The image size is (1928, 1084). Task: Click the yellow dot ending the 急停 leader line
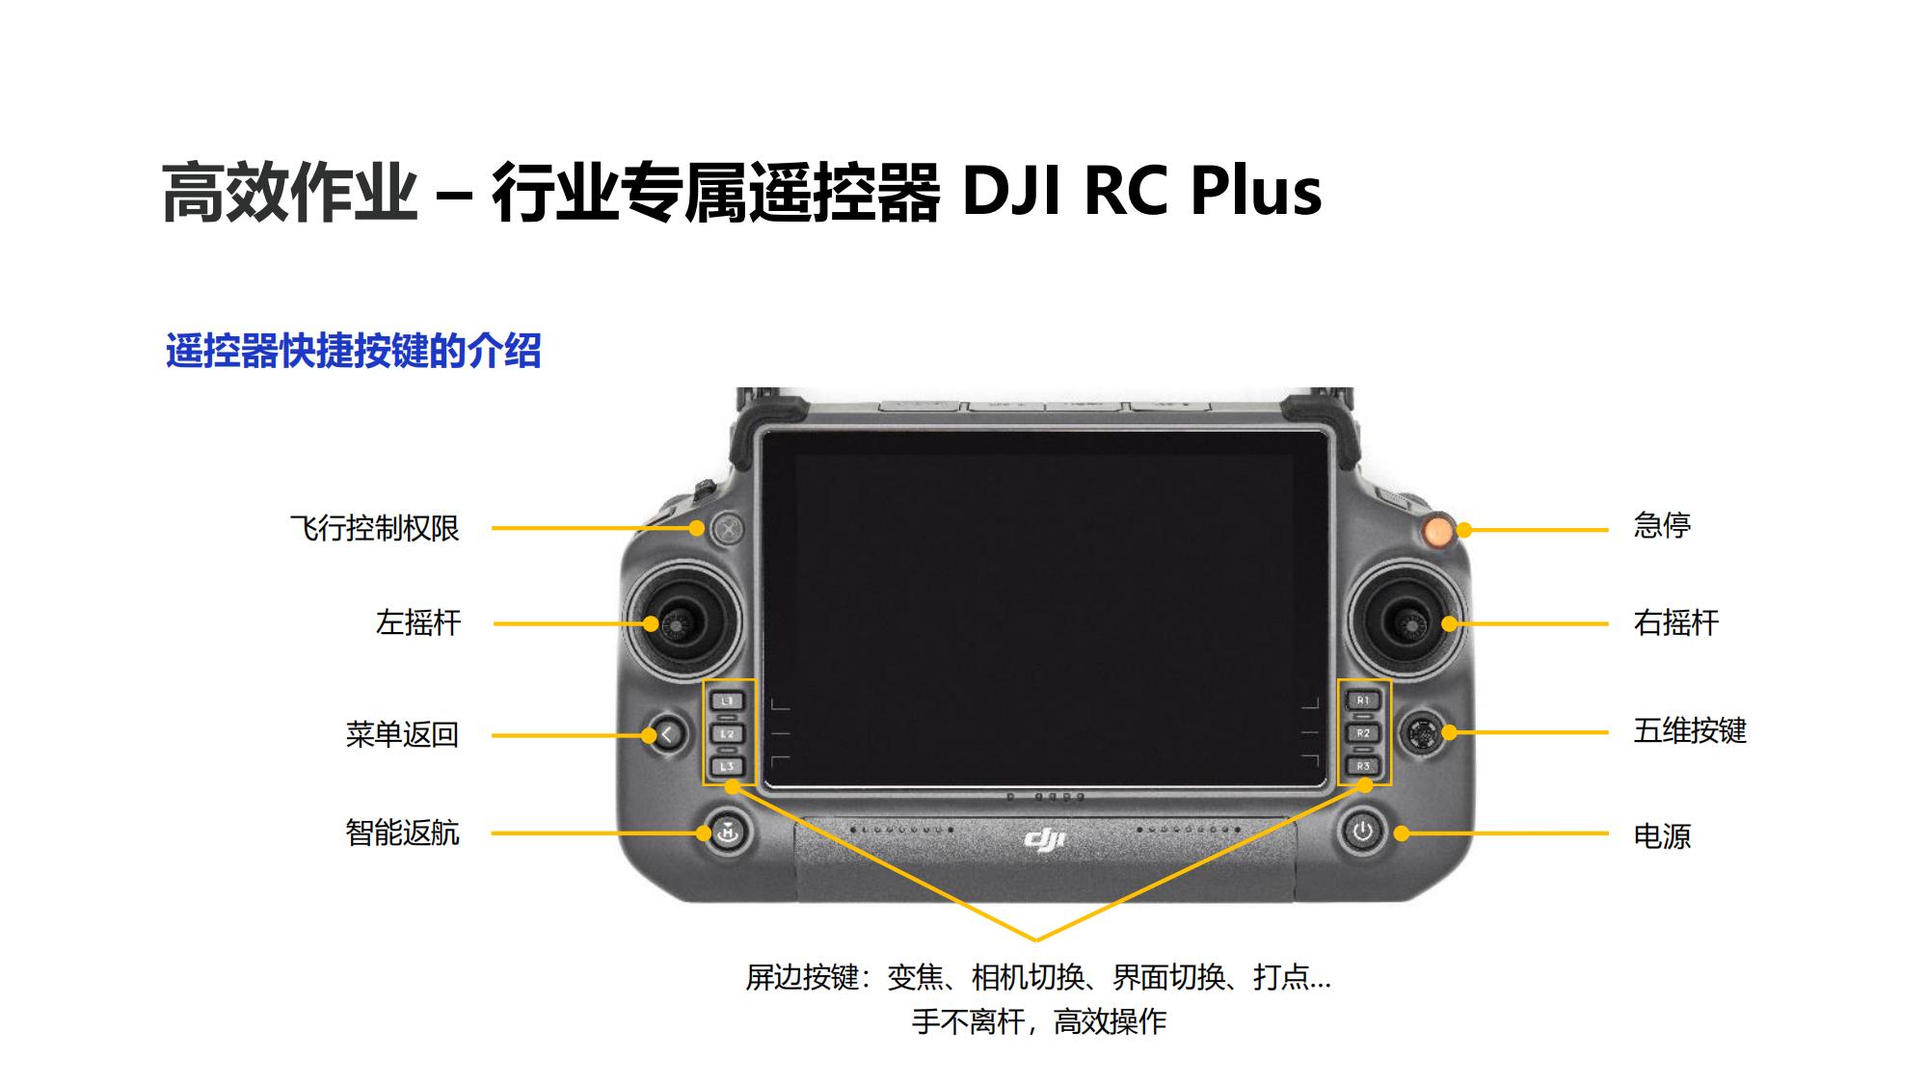tap(1463, 530)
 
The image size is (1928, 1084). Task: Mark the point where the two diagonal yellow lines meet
tap(1036, 939)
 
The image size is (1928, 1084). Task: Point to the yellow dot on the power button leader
tap(1402, 833)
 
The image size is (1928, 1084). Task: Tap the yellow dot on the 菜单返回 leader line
tap(650, 735)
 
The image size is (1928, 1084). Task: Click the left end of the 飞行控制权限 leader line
tap(493, 529)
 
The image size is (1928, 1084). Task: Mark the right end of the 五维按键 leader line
tap(1607, 732)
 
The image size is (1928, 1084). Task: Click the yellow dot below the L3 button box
tap(732, 786)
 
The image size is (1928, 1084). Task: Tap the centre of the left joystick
tap(679, 624)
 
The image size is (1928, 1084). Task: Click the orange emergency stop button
tap(1436, 530)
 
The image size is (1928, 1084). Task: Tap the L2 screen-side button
tap(728, 734)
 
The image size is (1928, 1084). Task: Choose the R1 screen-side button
tap(1363, 701)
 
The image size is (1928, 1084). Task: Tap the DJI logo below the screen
tap(1044, 840)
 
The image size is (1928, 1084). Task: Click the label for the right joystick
tap(1675, 622)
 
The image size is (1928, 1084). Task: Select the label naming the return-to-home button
tap(402, 833)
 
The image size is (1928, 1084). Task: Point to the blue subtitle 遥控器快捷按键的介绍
tap(353, 351)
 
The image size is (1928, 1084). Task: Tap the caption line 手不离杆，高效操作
tap(1039, 1021)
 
